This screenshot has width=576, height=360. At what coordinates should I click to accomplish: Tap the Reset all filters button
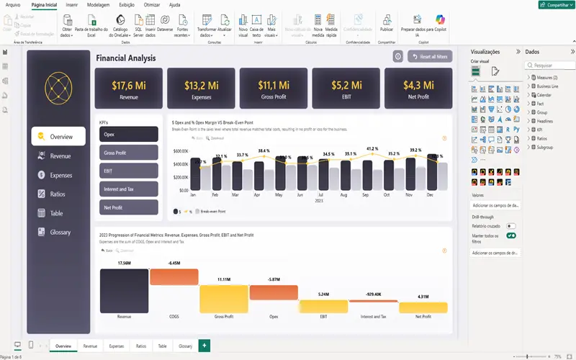(x=434, y=57)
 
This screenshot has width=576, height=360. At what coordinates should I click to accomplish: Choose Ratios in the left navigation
(x=58, y=194)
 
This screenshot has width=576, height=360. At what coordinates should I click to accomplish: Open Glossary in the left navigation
(x=60, y=233)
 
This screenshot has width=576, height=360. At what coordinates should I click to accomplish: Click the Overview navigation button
(x=58, y=136)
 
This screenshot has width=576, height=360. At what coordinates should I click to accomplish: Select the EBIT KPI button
(x=129, y=171)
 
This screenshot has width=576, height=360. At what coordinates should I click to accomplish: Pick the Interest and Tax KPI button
(x=129, y=189)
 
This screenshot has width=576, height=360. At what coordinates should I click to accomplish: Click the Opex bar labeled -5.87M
(x=273, y=292)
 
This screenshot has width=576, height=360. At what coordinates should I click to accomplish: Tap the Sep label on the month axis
(x=366, y=195)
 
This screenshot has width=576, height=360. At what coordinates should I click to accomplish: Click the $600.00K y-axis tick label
(x=181, y=151)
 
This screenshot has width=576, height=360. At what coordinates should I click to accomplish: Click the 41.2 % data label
(x=372, y=149)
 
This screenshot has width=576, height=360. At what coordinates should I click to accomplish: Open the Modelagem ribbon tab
(x=98, y=4)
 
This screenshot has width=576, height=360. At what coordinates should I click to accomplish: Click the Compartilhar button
(x=555, y=4)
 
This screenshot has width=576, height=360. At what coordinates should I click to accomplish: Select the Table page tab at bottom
(x=162, y=346)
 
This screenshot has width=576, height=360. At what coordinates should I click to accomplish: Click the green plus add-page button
(x=204, y=346)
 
